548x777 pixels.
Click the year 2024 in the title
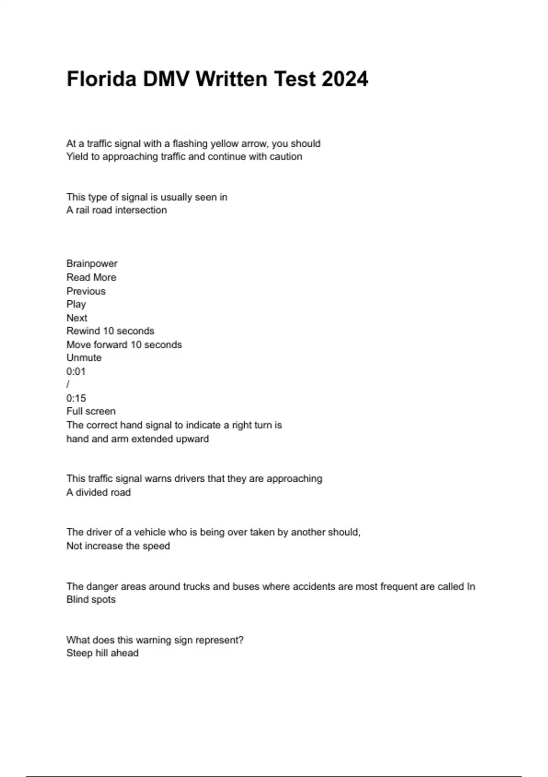344,79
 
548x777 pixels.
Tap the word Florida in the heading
101,79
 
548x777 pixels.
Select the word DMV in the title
166,79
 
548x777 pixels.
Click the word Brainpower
92,264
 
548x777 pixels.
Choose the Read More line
91,277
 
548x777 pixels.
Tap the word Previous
86,291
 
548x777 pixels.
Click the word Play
76,304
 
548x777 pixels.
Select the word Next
77,318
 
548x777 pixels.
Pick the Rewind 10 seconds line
110,331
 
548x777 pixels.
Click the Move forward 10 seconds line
124,345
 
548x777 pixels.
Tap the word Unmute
84,358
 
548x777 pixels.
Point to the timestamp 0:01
76,372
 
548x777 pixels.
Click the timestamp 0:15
76,398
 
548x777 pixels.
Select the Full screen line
91,411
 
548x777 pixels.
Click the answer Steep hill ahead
102,653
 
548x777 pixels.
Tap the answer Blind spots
91,600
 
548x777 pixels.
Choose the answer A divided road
99,492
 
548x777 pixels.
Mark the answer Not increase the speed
118,546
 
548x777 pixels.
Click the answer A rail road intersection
116,210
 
